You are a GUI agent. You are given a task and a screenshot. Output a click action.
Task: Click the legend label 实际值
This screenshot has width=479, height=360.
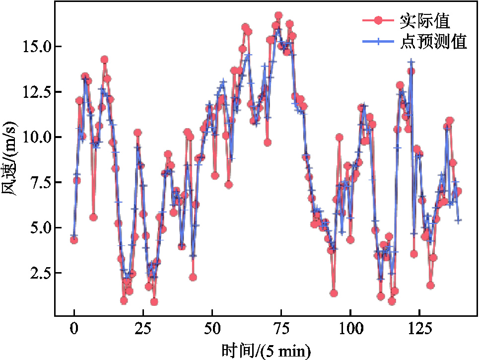tap(424, 21)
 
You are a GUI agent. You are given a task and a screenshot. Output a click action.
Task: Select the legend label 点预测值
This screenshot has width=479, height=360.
tap(433, 42)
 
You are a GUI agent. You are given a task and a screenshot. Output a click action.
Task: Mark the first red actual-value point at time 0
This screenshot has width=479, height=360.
tap(74, 240)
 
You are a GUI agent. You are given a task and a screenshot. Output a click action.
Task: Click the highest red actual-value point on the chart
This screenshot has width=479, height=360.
tap(278, 16)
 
